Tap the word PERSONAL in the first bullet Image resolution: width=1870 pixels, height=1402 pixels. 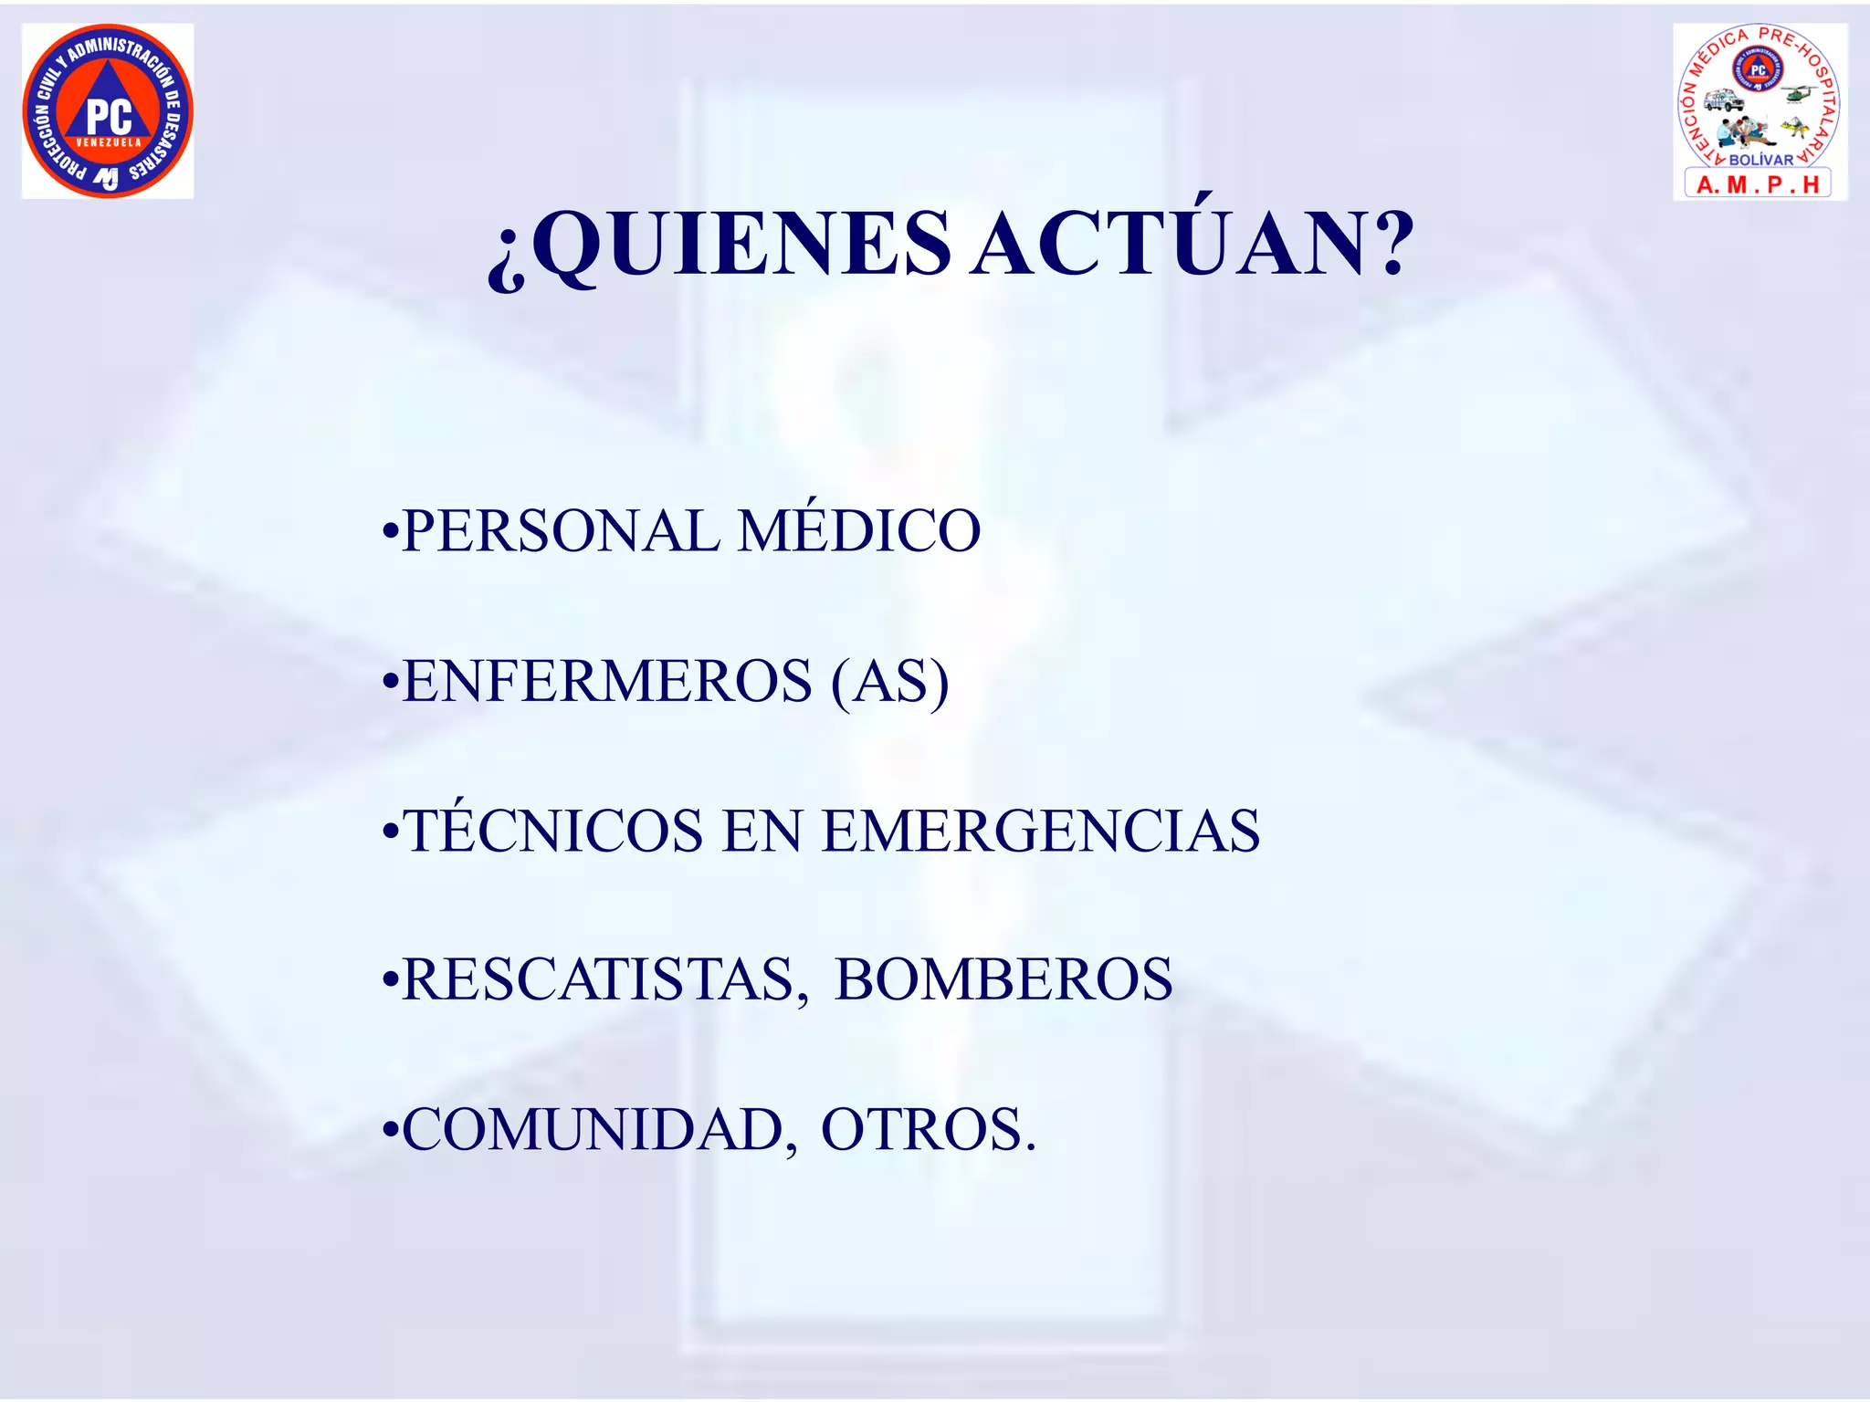tap(560, 531)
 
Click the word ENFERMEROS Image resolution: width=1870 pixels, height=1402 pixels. tap(607, 681)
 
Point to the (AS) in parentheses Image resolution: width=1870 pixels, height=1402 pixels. tap(890, 683)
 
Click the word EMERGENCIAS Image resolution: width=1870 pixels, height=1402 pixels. tap(1040, 832)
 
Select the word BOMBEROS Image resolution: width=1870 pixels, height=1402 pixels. tap(1003, 980)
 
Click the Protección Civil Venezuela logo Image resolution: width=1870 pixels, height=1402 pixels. tap(108, 110)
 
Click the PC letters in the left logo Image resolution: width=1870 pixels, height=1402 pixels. tap(110, 117)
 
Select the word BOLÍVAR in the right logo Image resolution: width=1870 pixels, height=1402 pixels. tap(1760, 160)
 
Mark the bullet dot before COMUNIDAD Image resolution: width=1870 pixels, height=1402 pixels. tap(391, 1133)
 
